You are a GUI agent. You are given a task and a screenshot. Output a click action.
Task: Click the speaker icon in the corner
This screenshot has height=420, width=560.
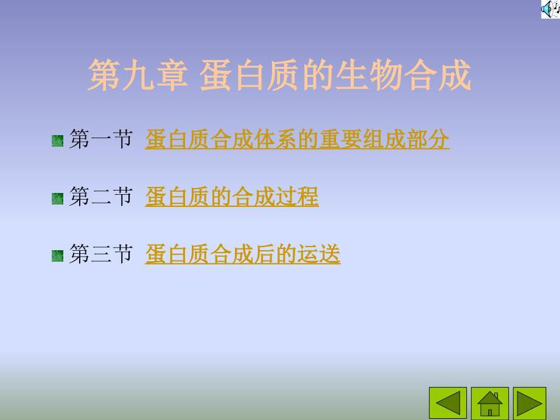[550, 9]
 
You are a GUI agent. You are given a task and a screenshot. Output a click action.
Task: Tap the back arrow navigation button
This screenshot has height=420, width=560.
[448, 403]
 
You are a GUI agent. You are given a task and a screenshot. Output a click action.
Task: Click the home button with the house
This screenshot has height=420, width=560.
[489, 403]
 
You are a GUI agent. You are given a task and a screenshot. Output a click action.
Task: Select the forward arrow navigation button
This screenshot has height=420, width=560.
[530, 403]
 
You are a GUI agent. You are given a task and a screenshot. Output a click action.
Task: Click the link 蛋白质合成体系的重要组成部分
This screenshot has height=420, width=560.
[297, 139]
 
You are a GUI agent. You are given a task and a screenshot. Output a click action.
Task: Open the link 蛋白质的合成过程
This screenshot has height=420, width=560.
[232, 197]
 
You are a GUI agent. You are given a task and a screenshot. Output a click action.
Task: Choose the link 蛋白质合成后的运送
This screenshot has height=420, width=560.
[242, 254]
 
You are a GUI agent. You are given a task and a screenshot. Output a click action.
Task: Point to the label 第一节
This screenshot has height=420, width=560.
[101, 139]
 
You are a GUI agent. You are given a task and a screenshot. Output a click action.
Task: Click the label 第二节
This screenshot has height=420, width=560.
[101, 197]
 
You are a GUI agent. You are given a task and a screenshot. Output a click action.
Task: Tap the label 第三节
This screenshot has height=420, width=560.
[101, 254]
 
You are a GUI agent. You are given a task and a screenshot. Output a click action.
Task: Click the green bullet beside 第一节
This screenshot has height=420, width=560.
[57, 141]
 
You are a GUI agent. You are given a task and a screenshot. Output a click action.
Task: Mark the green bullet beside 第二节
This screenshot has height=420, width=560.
[57, 198]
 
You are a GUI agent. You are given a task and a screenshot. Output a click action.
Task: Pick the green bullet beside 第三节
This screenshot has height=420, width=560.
[57, 256]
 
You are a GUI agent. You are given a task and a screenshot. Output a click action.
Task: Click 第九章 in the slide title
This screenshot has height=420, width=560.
[138, 75]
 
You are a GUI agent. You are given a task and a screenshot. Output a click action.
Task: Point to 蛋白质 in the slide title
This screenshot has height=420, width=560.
[248, 75]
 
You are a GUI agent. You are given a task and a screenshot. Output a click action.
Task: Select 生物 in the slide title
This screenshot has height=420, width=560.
[368, 75]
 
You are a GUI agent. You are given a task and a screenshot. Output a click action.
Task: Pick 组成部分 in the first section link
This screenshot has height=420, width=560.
[406, 139]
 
